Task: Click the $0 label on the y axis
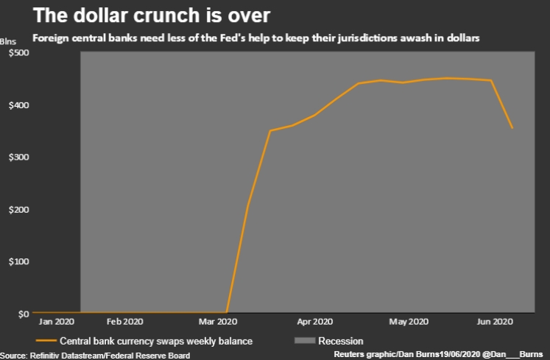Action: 22,314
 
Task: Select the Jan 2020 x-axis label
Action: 57,322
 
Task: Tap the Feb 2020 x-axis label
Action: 124,322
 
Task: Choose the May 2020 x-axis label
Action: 409,322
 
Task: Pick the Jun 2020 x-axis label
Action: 495,322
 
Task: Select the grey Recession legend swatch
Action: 303,341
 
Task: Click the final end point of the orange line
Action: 512,128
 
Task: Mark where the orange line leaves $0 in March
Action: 227,313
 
